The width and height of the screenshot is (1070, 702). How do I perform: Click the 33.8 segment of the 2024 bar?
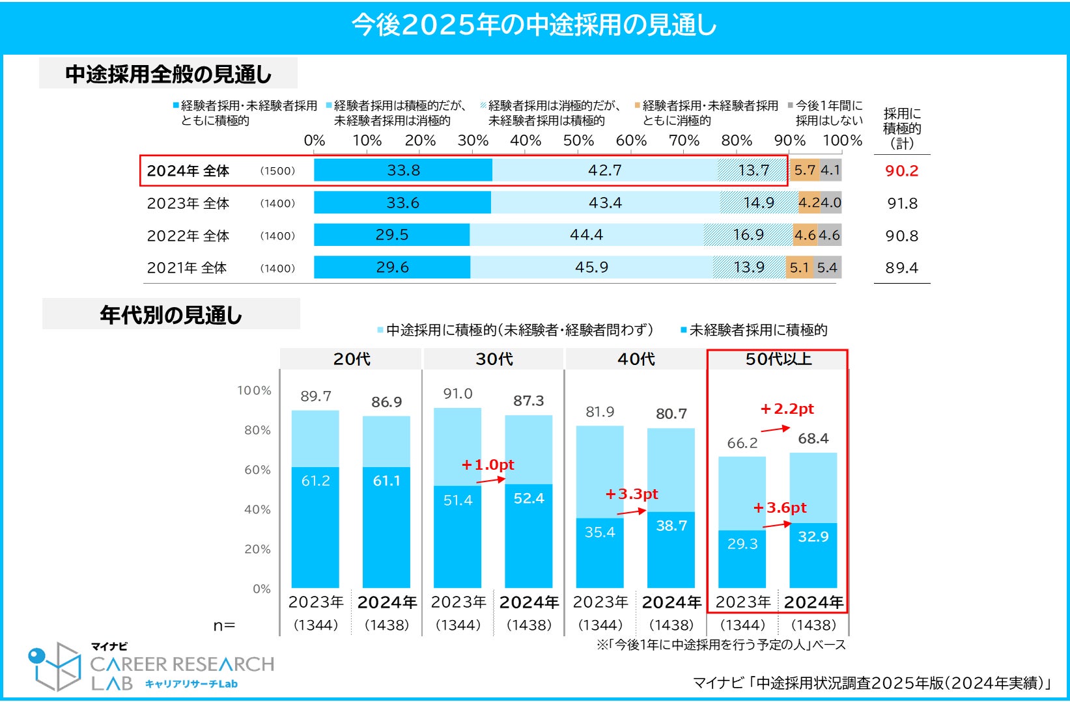(403, 170)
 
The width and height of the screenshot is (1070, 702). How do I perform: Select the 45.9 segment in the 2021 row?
(591, 267)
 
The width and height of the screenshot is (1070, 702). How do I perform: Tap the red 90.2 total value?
(901, 171)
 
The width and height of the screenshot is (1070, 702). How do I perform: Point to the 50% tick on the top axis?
(578, 141)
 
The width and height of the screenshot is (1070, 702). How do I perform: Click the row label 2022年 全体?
(188, 236)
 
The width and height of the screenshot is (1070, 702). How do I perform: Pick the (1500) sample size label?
(277, 171)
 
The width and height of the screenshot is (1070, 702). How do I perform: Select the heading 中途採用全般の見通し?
(168, 74)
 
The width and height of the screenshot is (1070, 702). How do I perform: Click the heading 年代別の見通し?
(171, 315)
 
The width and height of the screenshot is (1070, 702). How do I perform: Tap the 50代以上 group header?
(778, 359)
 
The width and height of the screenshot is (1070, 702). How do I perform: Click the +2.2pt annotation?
(787, 409)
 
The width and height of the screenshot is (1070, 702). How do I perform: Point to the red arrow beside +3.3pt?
(631, 512)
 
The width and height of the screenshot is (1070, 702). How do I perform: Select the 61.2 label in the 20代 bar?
(315, 481)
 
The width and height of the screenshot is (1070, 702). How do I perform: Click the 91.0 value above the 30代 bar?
(458, 394)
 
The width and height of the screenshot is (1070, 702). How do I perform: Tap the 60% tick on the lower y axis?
(257, 470)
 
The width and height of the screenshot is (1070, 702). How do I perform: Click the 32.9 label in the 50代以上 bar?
(813, 537)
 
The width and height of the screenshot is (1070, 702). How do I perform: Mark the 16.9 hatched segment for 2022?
(748, 235)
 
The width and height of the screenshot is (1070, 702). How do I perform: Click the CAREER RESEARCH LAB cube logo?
(55, 666)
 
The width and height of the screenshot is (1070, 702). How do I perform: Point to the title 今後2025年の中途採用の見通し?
(534, 25)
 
